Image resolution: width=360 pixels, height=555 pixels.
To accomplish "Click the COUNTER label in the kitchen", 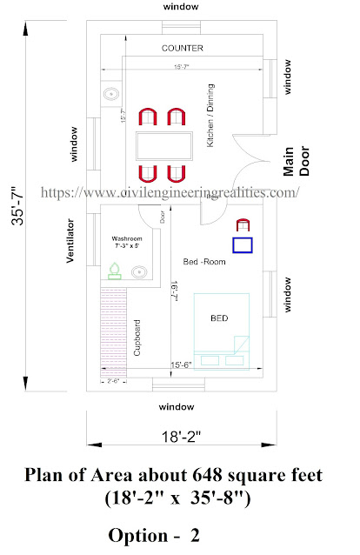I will (183, 49).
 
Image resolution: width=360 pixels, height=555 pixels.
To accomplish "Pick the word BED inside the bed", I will (219, 318).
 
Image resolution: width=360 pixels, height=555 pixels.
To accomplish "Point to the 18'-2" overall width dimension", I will (181, 436).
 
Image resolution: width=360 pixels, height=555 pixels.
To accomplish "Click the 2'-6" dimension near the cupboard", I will (112, 380).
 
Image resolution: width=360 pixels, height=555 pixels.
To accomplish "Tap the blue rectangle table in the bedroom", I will (243, 245).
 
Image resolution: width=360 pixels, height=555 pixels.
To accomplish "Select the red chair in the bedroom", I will (243, 225).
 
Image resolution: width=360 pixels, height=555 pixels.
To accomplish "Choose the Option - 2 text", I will (154, 532).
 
